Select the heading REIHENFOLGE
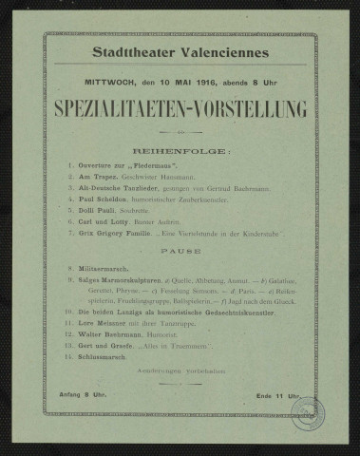(180, 150)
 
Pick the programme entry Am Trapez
(100, 180)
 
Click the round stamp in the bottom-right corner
(312, 409)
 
